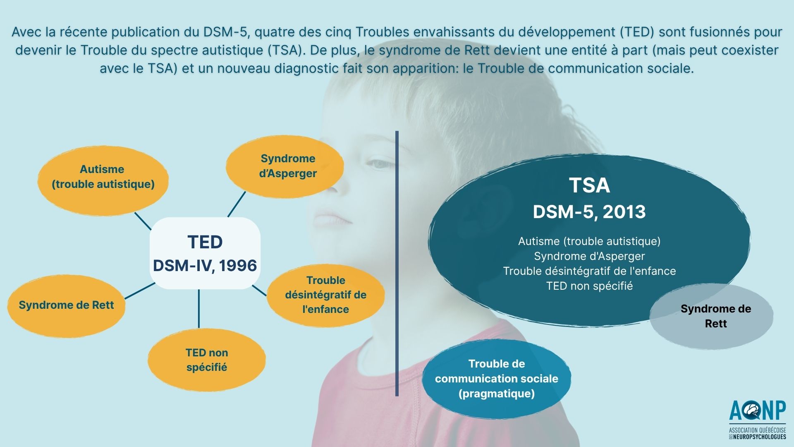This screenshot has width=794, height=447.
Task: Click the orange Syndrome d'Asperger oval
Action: (285, 166)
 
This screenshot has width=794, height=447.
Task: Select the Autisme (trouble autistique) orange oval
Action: (103, 181)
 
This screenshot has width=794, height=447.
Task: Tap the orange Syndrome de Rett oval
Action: (66, 305)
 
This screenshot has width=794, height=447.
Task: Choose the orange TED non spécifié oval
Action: (207, 360)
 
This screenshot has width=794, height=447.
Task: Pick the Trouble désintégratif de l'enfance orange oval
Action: (325, 295)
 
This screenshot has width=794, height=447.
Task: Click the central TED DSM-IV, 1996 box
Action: (205, 253)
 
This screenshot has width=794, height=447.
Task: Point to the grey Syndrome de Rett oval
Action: (711, 316)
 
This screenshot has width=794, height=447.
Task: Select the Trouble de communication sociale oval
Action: (497, 379)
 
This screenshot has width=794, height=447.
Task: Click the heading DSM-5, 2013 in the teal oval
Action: (589, 212)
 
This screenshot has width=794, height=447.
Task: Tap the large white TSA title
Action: (589, 185)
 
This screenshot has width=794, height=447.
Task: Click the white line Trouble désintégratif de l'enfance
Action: (589, 271)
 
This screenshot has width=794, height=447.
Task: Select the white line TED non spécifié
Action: (589, 286)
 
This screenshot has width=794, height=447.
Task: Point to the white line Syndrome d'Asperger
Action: (589, 256)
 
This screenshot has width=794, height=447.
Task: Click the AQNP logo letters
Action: (758, 411)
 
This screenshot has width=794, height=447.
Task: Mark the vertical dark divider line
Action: (397, 264)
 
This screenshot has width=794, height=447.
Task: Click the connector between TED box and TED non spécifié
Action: (199, 309)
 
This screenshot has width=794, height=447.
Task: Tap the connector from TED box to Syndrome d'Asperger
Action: (237, 204)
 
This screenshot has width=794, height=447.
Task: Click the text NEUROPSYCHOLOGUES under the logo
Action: (760, 437)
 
